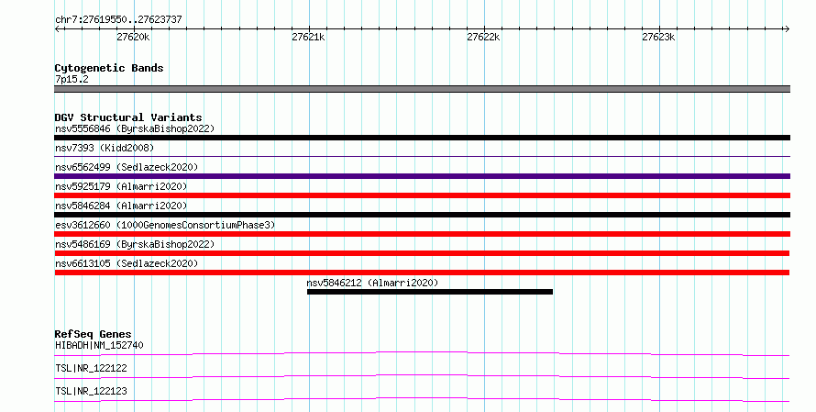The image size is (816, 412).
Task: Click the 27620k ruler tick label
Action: [x=133, y=37]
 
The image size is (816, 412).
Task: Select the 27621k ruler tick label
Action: [x=308, y=37]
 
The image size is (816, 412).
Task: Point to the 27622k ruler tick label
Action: [x=483, y=37]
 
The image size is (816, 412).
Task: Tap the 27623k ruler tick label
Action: [x=658, y=37]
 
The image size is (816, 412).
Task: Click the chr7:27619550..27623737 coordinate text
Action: [x=118, y=19]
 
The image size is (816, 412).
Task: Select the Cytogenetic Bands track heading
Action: [x=109, y=68]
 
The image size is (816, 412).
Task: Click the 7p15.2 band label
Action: [x=72, y=79]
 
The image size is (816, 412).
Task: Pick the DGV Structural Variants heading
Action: [x=128, y=117]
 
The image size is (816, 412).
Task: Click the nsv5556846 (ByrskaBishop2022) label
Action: [x=135, y=128]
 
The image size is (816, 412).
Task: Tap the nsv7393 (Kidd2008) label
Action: [x=105, y=148]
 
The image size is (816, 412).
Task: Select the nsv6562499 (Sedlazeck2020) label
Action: [x=127, y=167]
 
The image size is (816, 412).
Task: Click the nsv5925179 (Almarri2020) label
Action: [x=121, y=186]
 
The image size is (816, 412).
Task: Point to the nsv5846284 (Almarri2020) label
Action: [x=121, y=206]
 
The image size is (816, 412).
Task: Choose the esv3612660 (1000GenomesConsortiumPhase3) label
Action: [x=165, y=225]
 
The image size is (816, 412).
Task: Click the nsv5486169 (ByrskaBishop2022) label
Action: [x=135, y=244]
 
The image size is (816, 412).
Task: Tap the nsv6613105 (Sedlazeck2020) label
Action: [x=127, y=263]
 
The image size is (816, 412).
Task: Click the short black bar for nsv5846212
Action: [x=430, y=292]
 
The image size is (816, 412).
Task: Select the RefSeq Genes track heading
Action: [x=94, y=334]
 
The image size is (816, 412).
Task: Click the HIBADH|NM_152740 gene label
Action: [x=99, y=345]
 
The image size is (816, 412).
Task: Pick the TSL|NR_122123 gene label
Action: [x=91, y=391]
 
